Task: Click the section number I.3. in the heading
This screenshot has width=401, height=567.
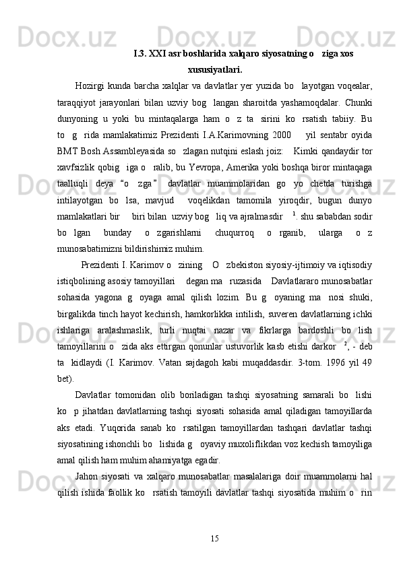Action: [142, 53]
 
